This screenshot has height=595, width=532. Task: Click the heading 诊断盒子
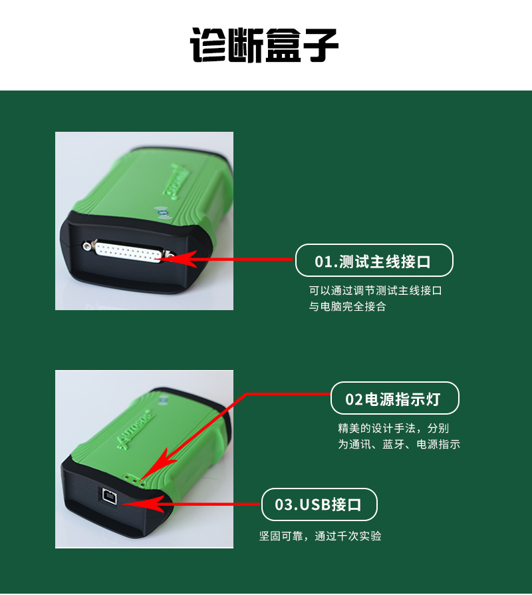pyautogui.click(x=264, y=45)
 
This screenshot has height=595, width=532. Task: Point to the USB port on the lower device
pyautogui.click(x=109, y=496)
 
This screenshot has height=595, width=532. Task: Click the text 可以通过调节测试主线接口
pyautogui.click(x=376, y=291)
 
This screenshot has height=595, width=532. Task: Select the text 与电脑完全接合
pyautogui.click(x=347, y=306)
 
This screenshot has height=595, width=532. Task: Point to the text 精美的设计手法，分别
pyautogui.click(x=393, y=429)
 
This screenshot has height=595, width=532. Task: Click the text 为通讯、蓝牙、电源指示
pyautogui.click(x=399, y=444)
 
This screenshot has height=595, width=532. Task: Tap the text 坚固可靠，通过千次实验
pyautogui.click(x=320, y=536)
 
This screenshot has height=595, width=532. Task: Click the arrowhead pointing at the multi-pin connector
pyautogui.click(x=178, y=259)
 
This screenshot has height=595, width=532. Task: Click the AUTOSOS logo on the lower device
pyautogui.click(x=136, y=429)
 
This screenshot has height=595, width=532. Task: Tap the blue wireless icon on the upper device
pyautogui.click(x=162, y=213)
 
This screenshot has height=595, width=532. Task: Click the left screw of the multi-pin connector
pyautogui.click(x=88, y=246)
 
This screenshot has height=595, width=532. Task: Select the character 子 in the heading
pyautogui.click(x=320, y=45)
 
